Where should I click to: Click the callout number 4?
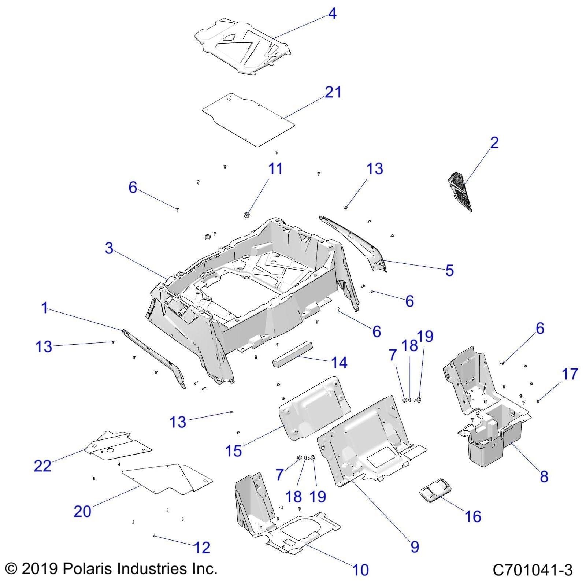(x=332, y=14)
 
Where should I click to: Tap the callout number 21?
(x=333, y=92)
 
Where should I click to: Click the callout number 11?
(x=275, y=169)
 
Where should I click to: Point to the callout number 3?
(x=109, y=248)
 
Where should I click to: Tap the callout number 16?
(x=473, y=516)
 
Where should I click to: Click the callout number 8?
(x=544, y=476)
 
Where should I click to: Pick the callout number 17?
(x=570, y=374)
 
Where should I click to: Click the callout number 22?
(x=42, y=466)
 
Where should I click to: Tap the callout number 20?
(x=82, y=511)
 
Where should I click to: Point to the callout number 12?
(x=202, y=548)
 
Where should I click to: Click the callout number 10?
(x=360, y=570)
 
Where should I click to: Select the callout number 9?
(x=415, y=546)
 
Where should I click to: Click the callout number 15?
(x=233, y=451)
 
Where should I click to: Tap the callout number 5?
(x=449, y=270)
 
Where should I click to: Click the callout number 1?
(x=44, y=308)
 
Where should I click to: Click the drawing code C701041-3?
(x=533, y=570)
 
